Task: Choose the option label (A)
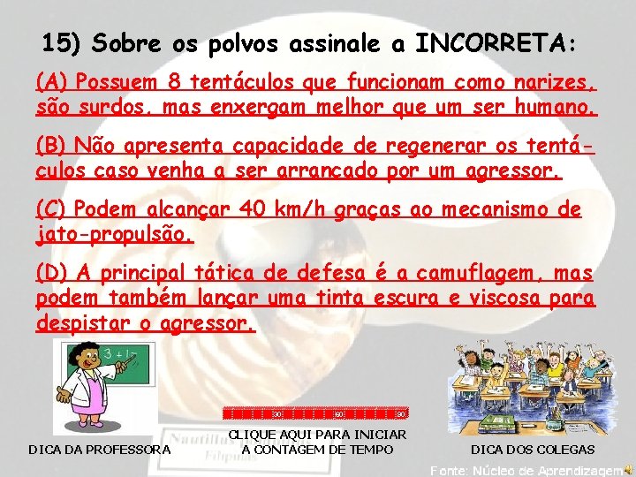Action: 53,83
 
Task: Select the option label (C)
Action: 53,209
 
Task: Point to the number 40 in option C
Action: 253,209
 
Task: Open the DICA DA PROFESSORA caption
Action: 100,450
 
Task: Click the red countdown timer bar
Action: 314,413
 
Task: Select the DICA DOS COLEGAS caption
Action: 532,450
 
